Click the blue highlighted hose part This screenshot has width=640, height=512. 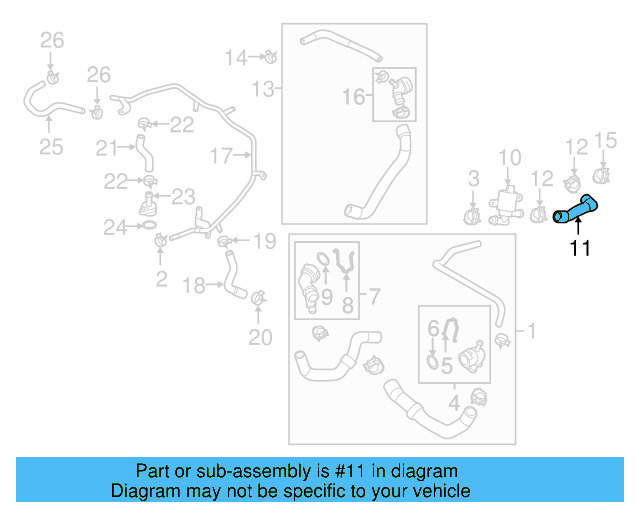click(x=577, y=210)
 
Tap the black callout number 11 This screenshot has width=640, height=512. click(x=580, y=248)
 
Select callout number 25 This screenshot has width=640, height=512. click(x=51, y=147)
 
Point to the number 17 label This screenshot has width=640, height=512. click(x=220, y=155)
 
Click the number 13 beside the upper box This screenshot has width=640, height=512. click(x=262, y=90)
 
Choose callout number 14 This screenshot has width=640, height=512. click(x=235, y=57)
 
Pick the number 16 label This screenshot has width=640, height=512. click(x=354, y=96)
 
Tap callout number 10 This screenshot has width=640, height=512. click(x=510, y=157)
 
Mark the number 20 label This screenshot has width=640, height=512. click(x=260, y=338)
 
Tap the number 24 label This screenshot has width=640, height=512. click(x=116, y=228)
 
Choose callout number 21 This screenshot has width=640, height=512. click(x=107, y=148)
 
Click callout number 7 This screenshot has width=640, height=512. click(x=373, y=295)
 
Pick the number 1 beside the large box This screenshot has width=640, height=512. click(x=532, y=329)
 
